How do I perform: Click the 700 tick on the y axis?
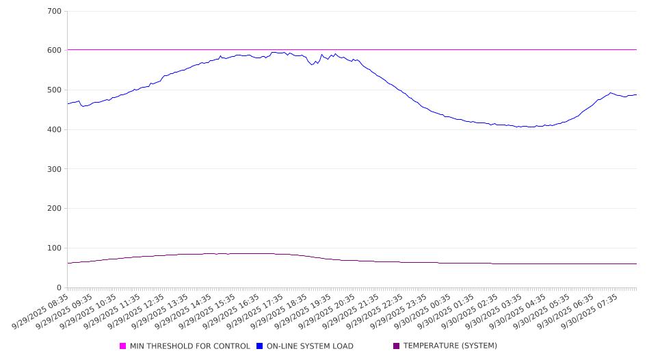(x=55, y=12)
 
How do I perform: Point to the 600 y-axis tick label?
(x=55, y=51)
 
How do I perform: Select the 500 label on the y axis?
(x=55, y=90)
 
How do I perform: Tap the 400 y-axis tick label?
(x=55, y=130)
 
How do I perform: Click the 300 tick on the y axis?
(x=55, y=169)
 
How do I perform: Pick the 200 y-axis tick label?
(x=55, y=209)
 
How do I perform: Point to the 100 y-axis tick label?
(x=55, y=248)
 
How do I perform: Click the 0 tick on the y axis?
(x=59, y=287)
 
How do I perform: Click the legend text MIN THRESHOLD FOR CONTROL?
(x=189, y=346)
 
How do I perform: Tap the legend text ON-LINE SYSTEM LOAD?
(x=310, y=346)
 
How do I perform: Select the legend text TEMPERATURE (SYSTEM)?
(x=450, y=346)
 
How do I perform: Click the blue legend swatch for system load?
(x=260, y=346)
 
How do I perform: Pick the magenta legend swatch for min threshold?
(x=123, y=346)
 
